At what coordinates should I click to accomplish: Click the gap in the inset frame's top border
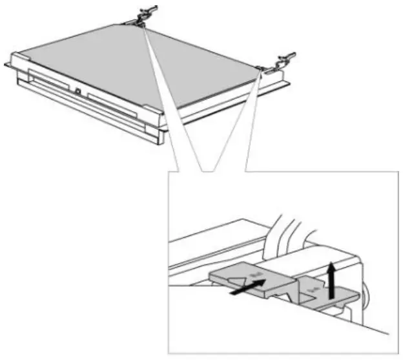point(223,173)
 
